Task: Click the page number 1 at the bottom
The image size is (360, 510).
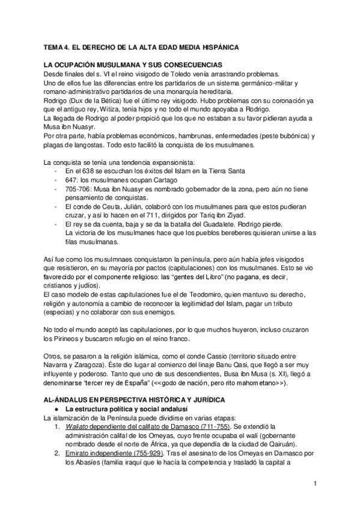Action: coord(315,483)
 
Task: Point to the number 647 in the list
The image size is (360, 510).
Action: coord(71,180)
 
